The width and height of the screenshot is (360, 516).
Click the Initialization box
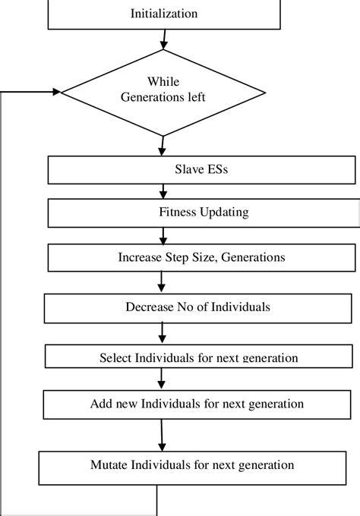coord(164,14)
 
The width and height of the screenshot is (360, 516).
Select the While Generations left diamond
coord(163,92)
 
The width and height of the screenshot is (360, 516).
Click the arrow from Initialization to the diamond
coord(164,39)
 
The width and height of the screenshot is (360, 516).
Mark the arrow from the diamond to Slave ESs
coord(163,145)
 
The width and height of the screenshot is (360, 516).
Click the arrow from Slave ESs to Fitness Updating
coord(163,191)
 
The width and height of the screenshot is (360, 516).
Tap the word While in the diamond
coord(163,81)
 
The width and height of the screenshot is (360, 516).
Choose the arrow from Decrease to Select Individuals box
coord(162,332)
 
